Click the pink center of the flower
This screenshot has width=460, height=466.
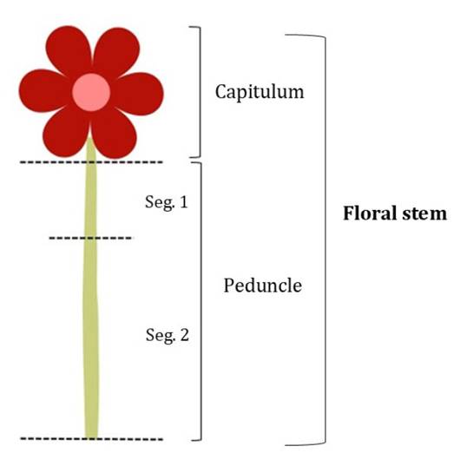tap(91, 92)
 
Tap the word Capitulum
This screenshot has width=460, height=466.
tap(260, 91)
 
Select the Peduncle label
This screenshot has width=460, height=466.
tap(263, 286)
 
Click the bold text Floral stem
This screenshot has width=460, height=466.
tap(395, 213)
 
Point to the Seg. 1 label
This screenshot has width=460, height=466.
tap(167, 202)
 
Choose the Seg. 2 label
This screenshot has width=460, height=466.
tap(167, 335)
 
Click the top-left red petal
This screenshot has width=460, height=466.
tap(69, 50)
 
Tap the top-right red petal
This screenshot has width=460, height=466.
tap(117, 52)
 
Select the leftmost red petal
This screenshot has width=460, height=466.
tap(45, 90)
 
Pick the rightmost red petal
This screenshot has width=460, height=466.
tap(137, 94)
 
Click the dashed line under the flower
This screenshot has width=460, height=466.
tap(91, 162)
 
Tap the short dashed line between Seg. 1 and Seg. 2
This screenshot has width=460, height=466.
tap(90, 238)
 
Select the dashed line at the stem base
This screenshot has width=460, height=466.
tap(91, 438)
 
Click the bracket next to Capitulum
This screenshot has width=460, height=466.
tap(200, 92)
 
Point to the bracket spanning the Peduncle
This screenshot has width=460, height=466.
tap(201, 300)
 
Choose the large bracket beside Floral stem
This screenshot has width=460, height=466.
tap(325, 240)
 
